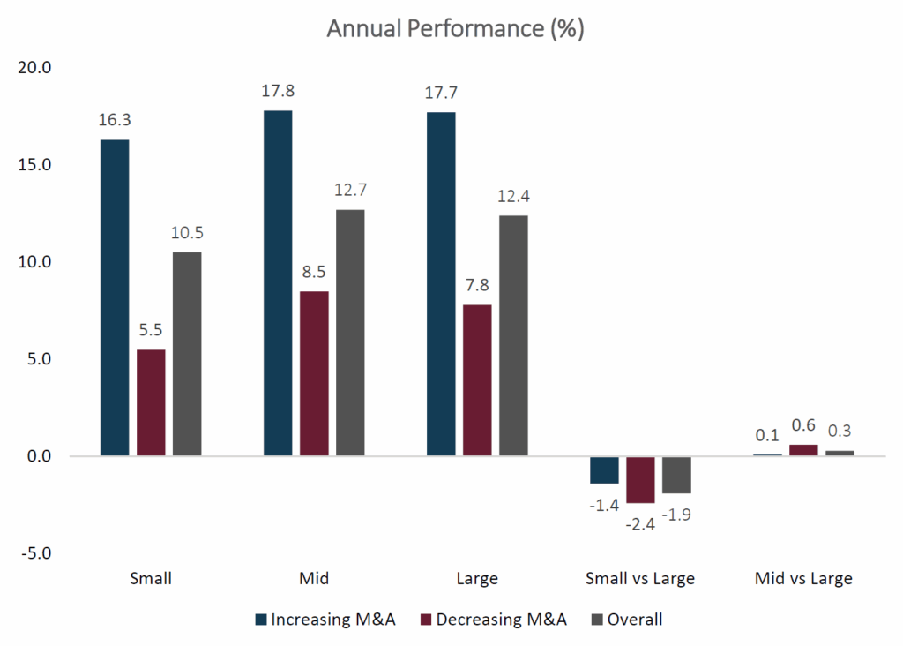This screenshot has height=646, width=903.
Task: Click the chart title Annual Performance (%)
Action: coord(455,28)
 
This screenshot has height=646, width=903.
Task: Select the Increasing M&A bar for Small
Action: coord(115,297)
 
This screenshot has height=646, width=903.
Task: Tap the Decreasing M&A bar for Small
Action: coord(151,402)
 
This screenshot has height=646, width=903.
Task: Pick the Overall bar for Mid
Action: coord(350,333)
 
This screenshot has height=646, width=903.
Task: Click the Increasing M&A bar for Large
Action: coord(441,284)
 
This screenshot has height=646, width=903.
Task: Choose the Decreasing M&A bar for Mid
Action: coord(314,373)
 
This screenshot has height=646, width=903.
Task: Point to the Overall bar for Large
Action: coord(513,335)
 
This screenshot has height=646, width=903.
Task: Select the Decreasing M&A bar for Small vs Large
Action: coord(640,479)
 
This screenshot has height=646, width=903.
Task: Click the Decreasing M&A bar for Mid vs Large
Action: coord(803,450)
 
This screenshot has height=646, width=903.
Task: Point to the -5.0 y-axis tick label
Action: coord(34,554)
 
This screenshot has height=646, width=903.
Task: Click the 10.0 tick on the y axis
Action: coord(34,262)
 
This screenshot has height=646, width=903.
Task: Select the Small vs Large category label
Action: coord(640,579)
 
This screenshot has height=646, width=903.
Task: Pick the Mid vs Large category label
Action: coord(803,579)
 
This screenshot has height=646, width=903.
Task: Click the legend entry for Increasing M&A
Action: coord(325,620)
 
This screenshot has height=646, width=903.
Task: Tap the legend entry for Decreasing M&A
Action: coord(493,620)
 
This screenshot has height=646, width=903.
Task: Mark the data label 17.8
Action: coord(278,92)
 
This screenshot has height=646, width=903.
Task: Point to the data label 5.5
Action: coord(151,331)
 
